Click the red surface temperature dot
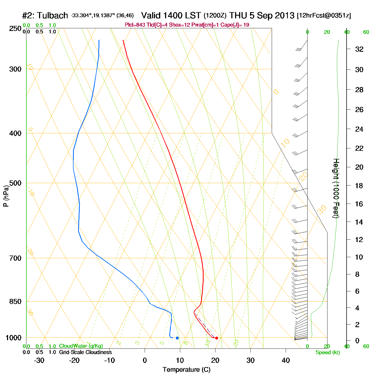pos(217,338)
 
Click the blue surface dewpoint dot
pos(177,338)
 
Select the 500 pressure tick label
pos(15,183)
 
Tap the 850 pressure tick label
pos(15,302)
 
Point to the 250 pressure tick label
pos(15,29)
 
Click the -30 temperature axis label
pos(39,360)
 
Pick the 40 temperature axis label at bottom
pos(286,360)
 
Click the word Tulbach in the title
pos(53,16)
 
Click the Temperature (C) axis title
pos(186,370)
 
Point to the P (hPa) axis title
pos(6,196)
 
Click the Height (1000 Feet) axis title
pos(336,188)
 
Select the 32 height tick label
pos(359,49)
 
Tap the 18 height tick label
pos(359,186)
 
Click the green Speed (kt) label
pos(328,352)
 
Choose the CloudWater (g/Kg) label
pos(81,346)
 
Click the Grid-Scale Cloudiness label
pos(85,352)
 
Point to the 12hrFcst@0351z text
pos(324,16)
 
